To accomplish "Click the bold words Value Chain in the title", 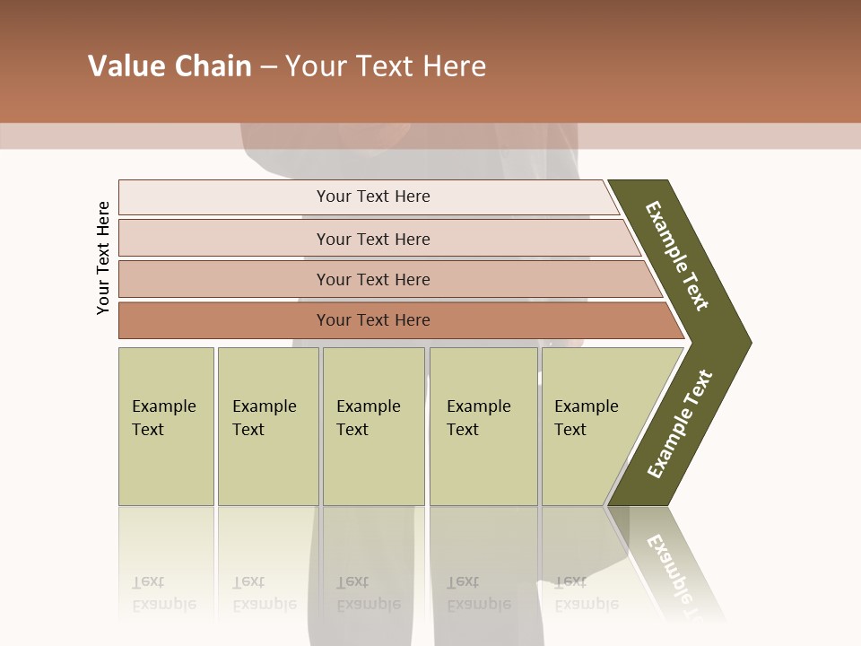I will tap(170, 66).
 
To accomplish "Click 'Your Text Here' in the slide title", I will tap(386, 66).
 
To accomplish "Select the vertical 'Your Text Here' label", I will tap(103, 258).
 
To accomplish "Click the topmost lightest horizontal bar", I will tap(224, 197).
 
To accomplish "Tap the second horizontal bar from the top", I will tap(224, 239).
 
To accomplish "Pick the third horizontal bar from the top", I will tap(224, 279).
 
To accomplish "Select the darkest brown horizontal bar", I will tap(224, 320).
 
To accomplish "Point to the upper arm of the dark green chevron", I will tap(678, 256).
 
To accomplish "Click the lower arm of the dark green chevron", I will tap(680, 424).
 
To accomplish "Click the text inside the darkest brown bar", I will tap(373, 320).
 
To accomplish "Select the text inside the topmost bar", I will tap(373, 196).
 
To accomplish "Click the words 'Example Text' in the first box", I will tap(163, 418).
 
